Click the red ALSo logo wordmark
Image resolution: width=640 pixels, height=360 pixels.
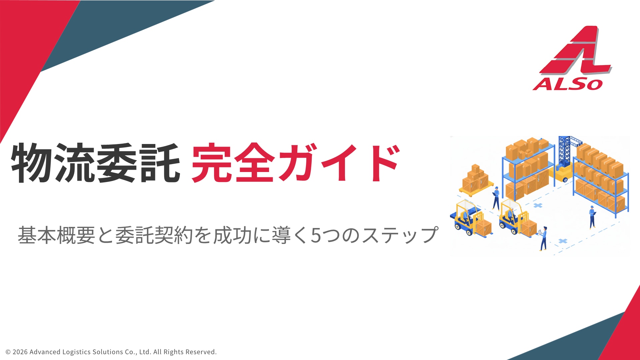point(568,84)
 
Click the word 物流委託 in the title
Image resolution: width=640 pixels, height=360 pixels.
point(96,163)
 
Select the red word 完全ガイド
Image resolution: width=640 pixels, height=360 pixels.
point(295,163)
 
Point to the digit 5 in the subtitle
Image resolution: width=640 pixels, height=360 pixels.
point(316,235)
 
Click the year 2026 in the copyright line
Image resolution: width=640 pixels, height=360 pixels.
point(20,352)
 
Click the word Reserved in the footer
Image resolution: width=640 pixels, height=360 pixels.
point(201,352)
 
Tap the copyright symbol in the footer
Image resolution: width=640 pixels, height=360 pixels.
point(8,352)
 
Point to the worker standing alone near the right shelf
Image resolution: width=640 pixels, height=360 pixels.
point(592,217)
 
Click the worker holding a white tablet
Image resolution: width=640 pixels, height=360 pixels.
point(543,238)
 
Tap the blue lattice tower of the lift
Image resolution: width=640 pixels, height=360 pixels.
point(564,152)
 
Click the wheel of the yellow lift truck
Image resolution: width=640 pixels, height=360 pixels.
point(565,180)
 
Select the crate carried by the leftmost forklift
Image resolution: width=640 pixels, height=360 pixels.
point(483,227)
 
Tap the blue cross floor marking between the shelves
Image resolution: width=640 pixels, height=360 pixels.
point(537,205)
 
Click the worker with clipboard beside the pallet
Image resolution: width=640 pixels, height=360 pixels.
point(496,198)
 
